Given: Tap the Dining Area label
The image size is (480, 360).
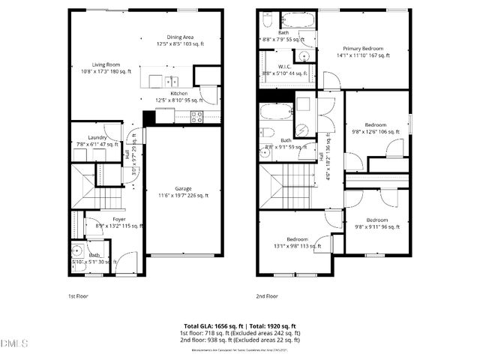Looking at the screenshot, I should (180, 37).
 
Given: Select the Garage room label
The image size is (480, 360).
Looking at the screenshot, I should (184, 188).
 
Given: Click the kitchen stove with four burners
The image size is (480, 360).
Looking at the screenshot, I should (196, 115).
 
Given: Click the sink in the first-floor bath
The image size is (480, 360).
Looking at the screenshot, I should (76, 250).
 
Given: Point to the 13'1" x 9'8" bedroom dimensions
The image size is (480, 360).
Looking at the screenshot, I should (296, 244).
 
